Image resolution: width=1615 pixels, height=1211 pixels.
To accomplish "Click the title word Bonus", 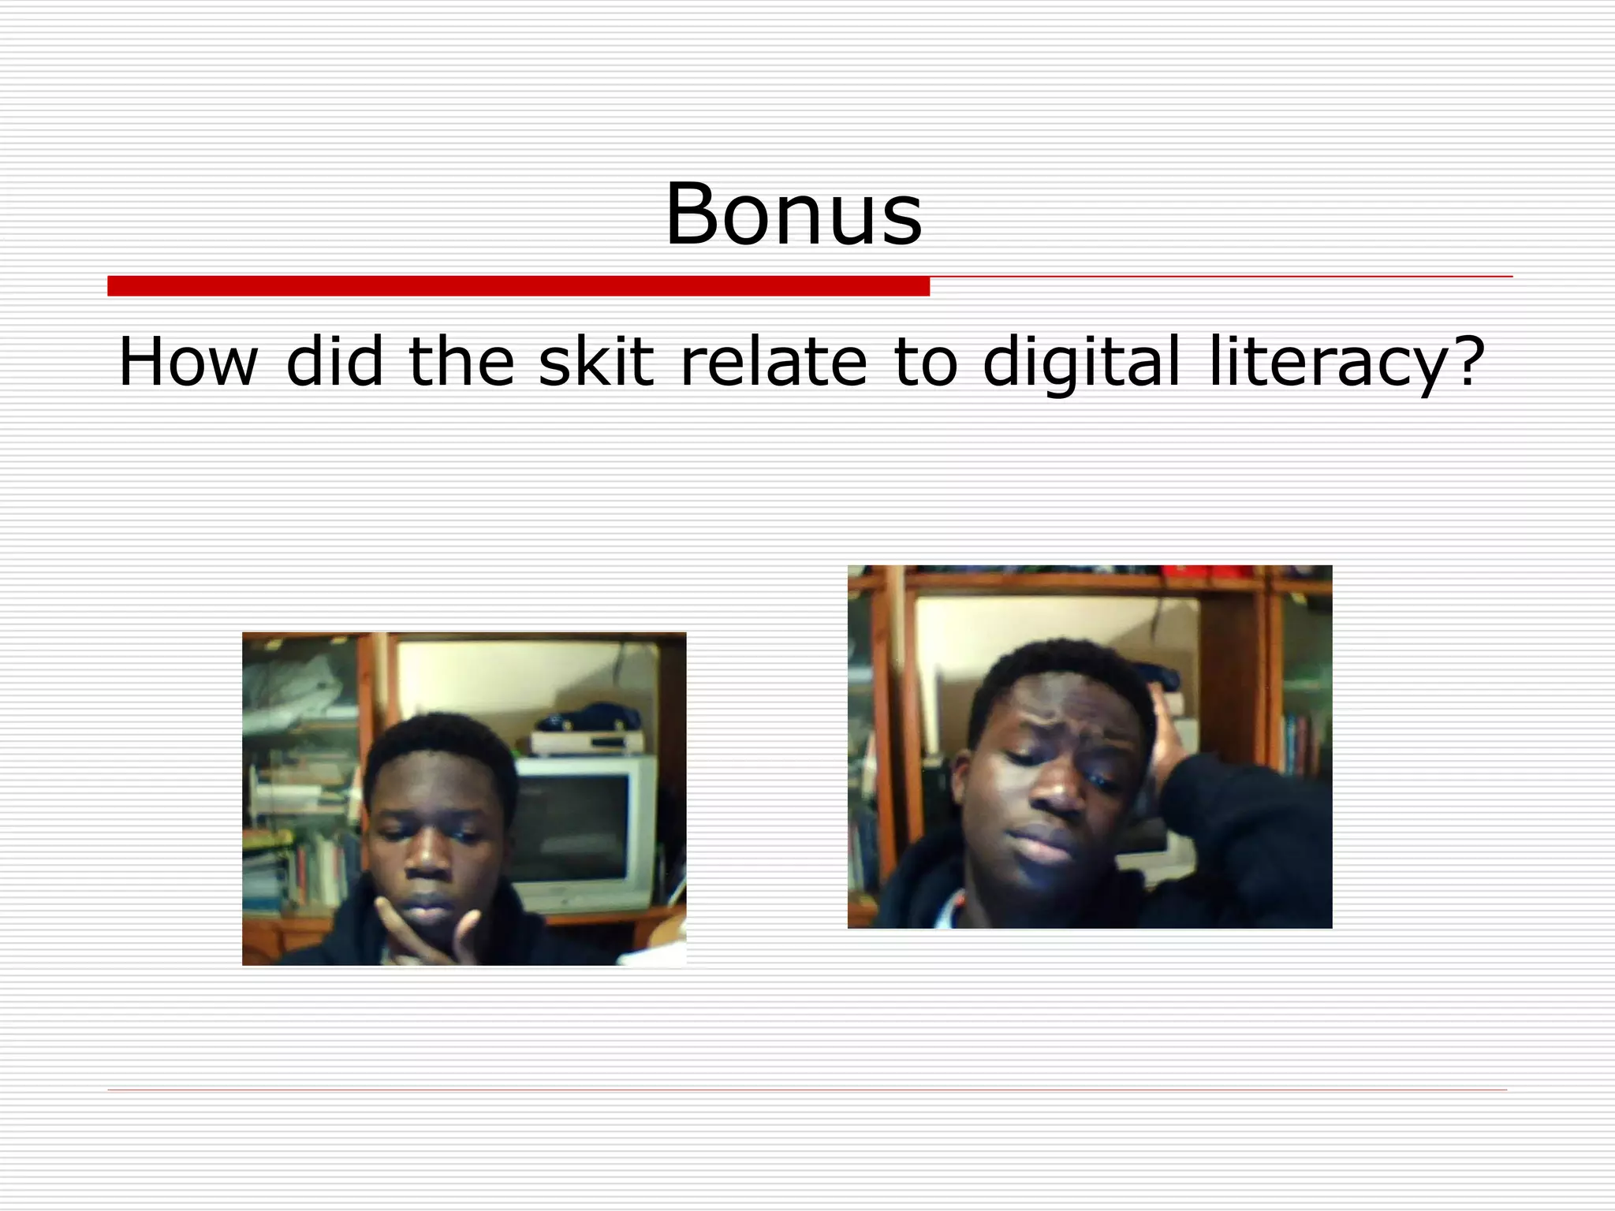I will point(793,214).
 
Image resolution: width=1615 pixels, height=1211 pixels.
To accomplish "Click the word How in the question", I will point(188,362).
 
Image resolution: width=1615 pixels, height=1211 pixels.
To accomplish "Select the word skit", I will point(596,362).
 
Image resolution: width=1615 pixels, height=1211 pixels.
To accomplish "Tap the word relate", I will point(773,362).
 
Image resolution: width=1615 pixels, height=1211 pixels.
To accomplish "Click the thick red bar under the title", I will point(518,286).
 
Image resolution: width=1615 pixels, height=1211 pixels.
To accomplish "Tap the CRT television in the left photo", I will point(584,828).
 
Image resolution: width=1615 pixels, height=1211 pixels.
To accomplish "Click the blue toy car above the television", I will point(590,717).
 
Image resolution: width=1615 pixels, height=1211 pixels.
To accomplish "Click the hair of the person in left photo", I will point(442,737).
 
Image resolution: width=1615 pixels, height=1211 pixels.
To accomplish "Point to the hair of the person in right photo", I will point(1057,662).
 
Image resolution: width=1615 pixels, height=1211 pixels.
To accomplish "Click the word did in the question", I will point(334,362).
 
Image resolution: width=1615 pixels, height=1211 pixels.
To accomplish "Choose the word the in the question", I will point(461,362).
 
